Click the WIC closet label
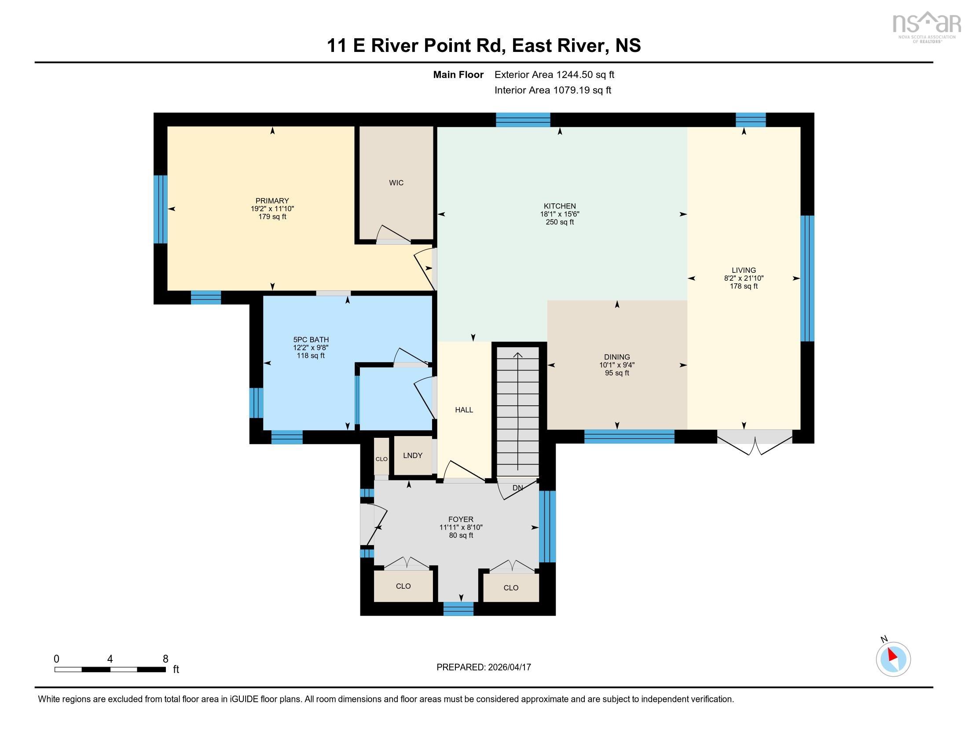(396, 183)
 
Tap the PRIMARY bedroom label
(271, 201)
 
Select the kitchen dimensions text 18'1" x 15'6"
(559, 214)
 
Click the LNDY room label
(412, 455)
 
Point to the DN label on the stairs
(517, 488)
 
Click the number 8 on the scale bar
(165, 659)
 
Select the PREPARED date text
(483, 667)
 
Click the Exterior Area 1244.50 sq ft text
(554, 75)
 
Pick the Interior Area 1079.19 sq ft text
(552, 90)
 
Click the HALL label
(464, 410)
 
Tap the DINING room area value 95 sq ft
(616, 373)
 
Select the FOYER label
(461, 519)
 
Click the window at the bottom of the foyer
(458, 609)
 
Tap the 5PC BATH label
(311, 340)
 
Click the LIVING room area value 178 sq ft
(743, 286)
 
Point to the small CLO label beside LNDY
(381, 459)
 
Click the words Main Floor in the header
(458, 75)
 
